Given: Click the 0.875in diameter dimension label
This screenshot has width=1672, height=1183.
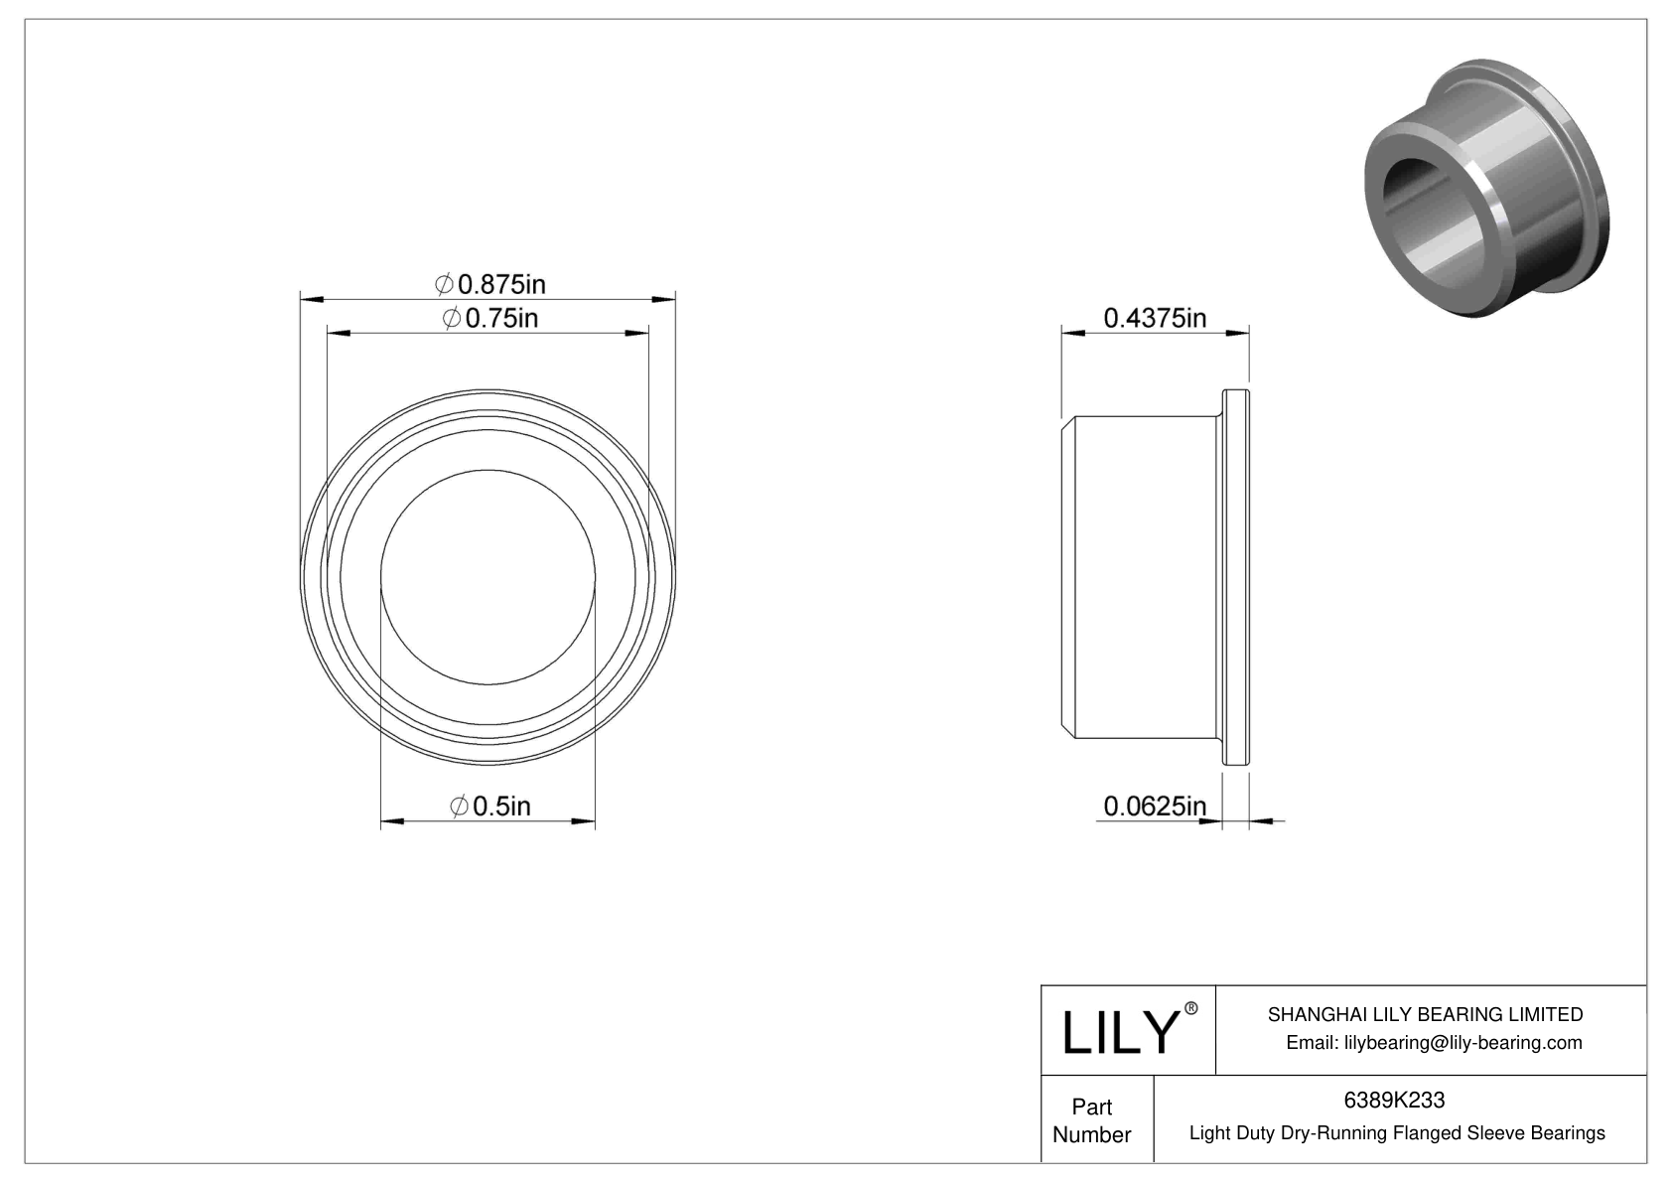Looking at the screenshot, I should click(490, 285).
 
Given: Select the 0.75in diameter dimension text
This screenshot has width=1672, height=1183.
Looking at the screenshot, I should click(490, 319).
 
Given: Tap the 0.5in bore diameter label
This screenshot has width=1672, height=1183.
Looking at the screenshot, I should click(490, 806).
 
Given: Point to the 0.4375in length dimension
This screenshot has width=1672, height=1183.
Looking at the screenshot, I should click(1155, 318).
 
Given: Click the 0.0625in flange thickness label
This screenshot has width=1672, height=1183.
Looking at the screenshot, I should click(1154, 806).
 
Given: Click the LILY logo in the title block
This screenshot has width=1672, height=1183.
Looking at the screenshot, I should click(1119, 1032).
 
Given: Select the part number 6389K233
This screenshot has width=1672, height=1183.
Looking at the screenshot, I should click(1394, 1100).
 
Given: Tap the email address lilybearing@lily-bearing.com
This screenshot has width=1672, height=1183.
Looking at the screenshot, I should click(1434, 1042).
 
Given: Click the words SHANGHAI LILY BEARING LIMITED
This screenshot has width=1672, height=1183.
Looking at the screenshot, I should click(1425, 1014).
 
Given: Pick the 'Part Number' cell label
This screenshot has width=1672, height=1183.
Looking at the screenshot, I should click(1091, 1120).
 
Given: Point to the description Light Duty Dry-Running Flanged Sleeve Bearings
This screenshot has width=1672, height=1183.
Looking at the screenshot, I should click(1396, 1132).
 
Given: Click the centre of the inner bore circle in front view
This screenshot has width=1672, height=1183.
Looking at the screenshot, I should click(488, 576).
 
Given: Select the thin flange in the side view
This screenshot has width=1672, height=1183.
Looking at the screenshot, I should click(1234, 576).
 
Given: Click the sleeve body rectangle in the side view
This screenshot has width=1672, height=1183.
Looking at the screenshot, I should click(1142, 576).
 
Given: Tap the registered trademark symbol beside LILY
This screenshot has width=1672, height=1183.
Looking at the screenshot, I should click(1191, 1008).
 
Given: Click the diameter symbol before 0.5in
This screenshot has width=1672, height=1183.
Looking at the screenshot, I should click(459, 806).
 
